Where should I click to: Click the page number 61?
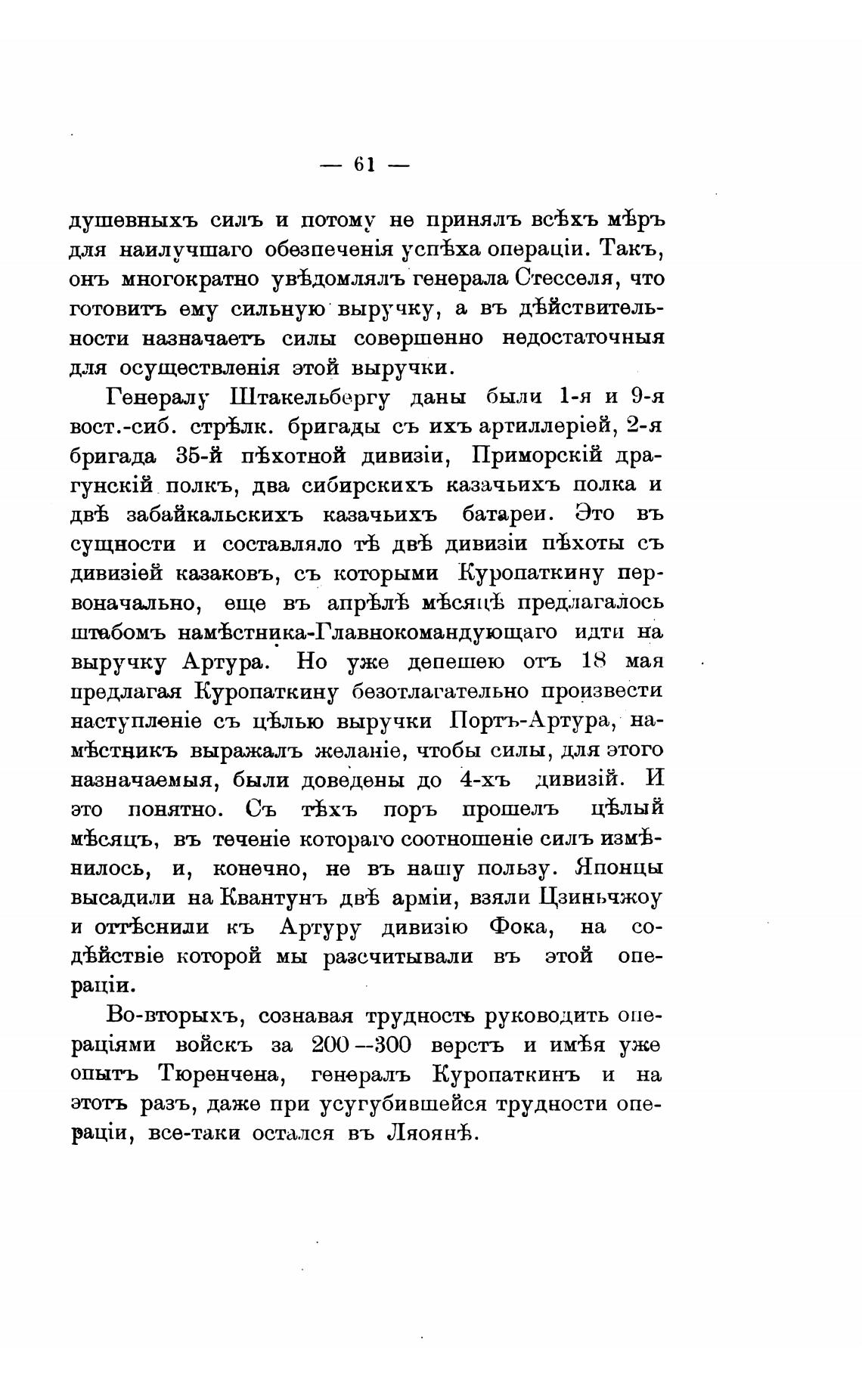tap(364, 165)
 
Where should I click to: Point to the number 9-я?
tap(646, 396)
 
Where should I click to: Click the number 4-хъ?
tap(485, 779)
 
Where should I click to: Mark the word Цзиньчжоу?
tap(600, 897)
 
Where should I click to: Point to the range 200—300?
tap(361, 1045)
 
